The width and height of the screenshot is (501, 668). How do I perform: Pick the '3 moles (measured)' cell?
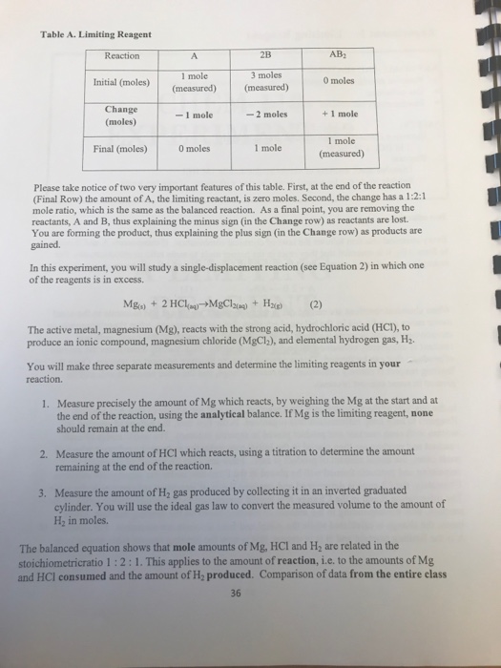[x=268, y=82]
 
